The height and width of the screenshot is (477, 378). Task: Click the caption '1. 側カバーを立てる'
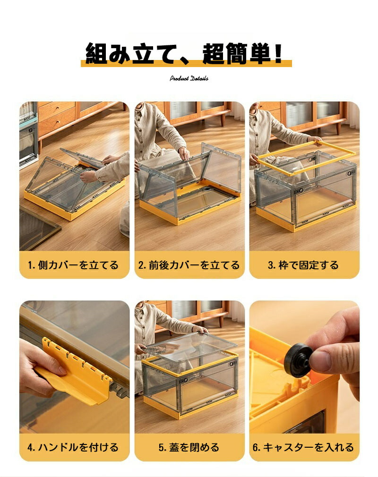point(73,265)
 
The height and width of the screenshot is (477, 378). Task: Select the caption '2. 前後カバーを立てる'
point(189,265)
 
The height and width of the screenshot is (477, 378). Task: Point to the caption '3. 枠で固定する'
point(303,265)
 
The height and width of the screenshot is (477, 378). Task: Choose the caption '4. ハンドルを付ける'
point(73,447)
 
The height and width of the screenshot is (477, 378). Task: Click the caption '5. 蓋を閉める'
point(189,447)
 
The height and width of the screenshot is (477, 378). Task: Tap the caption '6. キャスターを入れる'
point(303,447)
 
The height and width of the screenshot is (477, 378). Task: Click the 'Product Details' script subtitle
point(189,78)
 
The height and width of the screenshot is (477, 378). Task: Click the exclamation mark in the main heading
point(278,53)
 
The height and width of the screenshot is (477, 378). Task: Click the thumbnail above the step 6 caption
point(304,367)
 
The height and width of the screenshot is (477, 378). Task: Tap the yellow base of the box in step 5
point(190,405)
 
